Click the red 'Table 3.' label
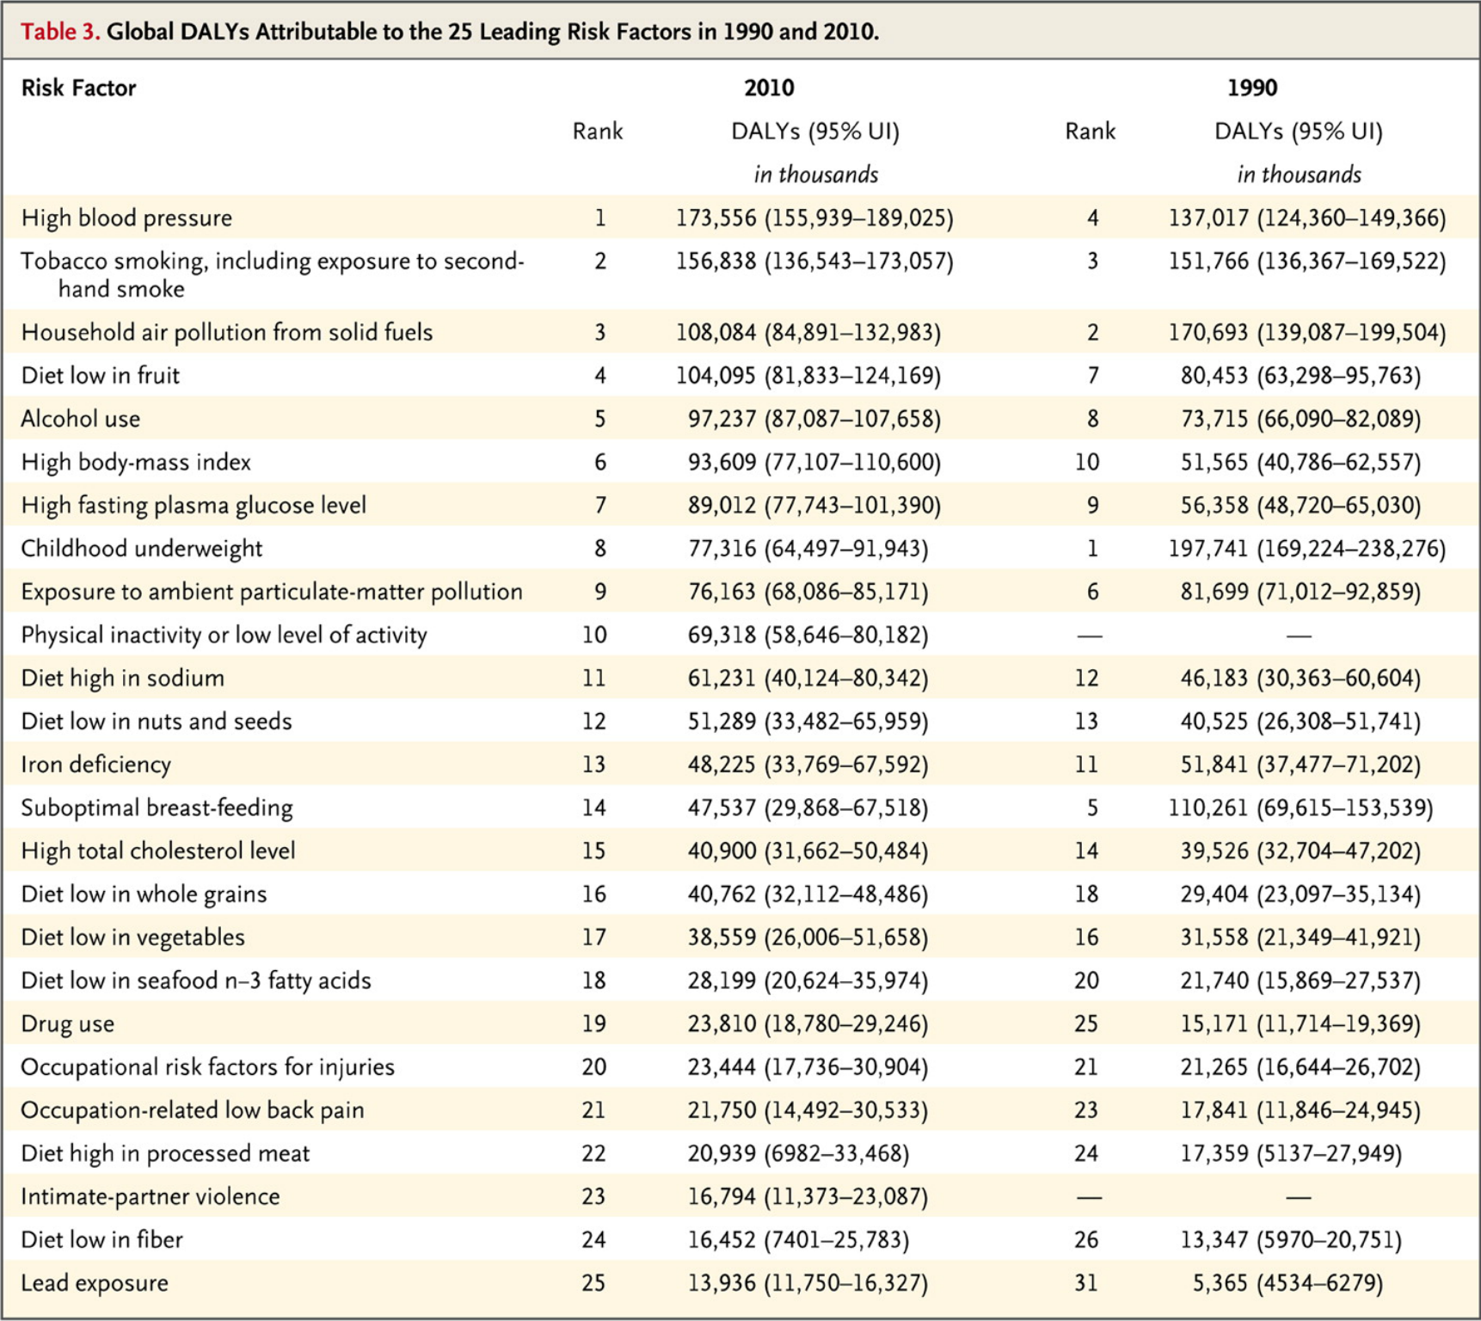(x=60, y=32)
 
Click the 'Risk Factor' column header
(x=78, y=88)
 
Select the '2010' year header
(x=769, y=88)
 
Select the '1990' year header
(x=1252, y=88)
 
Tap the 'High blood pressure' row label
(x=126, y=218)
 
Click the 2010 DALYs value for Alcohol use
(x=814, y=419)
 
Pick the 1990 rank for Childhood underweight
(x=1092, y=549)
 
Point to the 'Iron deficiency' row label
(x=95, y=765)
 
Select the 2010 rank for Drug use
(x=593, y=1023)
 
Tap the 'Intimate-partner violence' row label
(x=151, y=1196)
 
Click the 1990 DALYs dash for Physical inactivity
(x=1299, y=636)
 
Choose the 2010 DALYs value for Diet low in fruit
(x=808, y=376)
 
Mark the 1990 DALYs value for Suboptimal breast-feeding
(x=1300, y=808)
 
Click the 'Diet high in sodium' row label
(x=122, y=678)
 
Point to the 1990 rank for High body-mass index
(x=1087, y=462)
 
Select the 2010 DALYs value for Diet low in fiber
(x=798, y=1239)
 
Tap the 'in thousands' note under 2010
(x=816, y=175)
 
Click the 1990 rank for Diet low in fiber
(x=1086, y=1239)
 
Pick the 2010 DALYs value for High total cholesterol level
(x=808, y=851)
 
